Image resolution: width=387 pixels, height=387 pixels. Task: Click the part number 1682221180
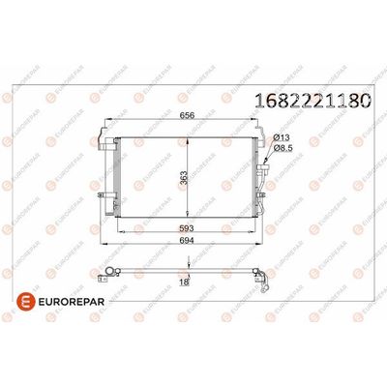(x=313, y=101)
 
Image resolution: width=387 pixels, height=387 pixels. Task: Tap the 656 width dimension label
(x=187, y=115)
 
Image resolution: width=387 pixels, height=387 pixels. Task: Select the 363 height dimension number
(x=183, y=177)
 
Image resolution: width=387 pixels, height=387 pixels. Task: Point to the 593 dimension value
(x=186, y=228)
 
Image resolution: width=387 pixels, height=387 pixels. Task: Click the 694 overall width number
(x=186, y=240)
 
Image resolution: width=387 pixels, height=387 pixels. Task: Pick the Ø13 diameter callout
(x=282, y=137)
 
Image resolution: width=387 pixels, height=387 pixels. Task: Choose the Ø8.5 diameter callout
(x=283, y=148)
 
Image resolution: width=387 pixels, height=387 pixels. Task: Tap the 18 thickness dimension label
(x=184, y=282)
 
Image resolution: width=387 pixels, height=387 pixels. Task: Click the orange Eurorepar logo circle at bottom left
(x=25, y=302)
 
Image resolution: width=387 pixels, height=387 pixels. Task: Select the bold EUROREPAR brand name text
(x=72, y=302)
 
